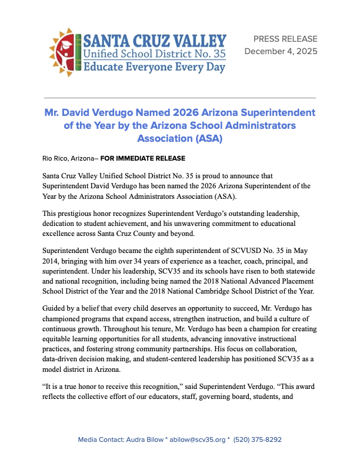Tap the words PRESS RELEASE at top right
tap(285, 39)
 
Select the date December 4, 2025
tap(280, 52)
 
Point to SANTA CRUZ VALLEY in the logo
tap(155, 41)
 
